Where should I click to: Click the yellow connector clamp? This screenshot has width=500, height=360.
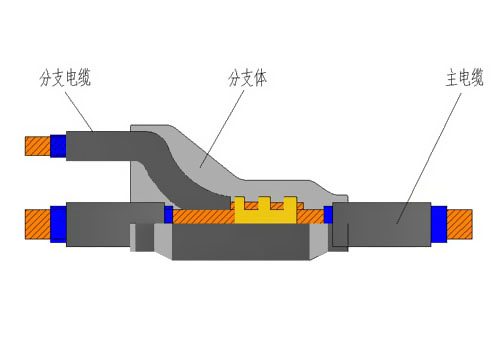point(265,212)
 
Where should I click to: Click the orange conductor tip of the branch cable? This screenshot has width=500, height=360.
point(38,146)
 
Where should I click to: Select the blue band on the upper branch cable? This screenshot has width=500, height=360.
point(59,146)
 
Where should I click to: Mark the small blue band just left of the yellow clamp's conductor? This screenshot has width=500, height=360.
point(169,214)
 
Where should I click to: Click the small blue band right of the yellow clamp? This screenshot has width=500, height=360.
point(328,214)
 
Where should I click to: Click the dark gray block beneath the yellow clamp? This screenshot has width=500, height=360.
point(245,243)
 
